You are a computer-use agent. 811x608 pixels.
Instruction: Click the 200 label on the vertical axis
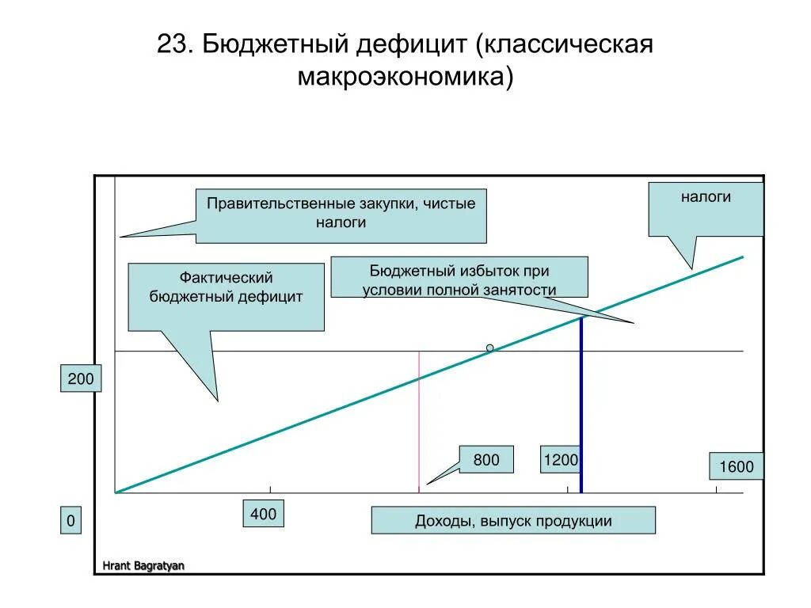(x=81, y=379)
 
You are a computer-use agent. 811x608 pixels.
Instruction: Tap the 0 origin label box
(x=71, y=521)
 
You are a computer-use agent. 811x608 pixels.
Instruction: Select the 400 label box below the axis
(x=264, y=515)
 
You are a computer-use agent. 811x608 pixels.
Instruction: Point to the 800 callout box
(x=486, y=459)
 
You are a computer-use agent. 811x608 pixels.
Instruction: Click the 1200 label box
(x=560, y=459)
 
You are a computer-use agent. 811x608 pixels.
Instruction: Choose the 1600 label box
(x=737, y=466)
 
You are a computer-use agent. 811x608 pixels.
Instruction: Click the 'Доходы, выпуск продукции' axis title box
(x=513, y=521)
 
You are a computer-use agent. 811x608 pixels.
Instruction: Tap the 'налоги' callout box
(x=706, y=208)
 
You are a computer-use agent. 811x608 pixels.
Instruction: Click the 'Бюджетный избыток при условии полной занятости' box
(x=459, y=276)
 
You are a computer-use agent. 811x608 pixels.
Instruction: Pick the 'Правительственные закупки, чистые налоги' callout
(x=341, y=215)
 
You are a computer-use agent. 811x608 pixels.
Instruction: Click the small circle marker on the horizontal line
(x=490, y=348)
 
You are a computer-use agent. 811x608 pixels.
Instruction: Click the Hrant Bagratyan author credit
(x=143, y=565)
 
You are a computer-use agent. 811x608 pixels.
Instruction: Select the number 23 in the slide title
(x=173, y=44)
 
